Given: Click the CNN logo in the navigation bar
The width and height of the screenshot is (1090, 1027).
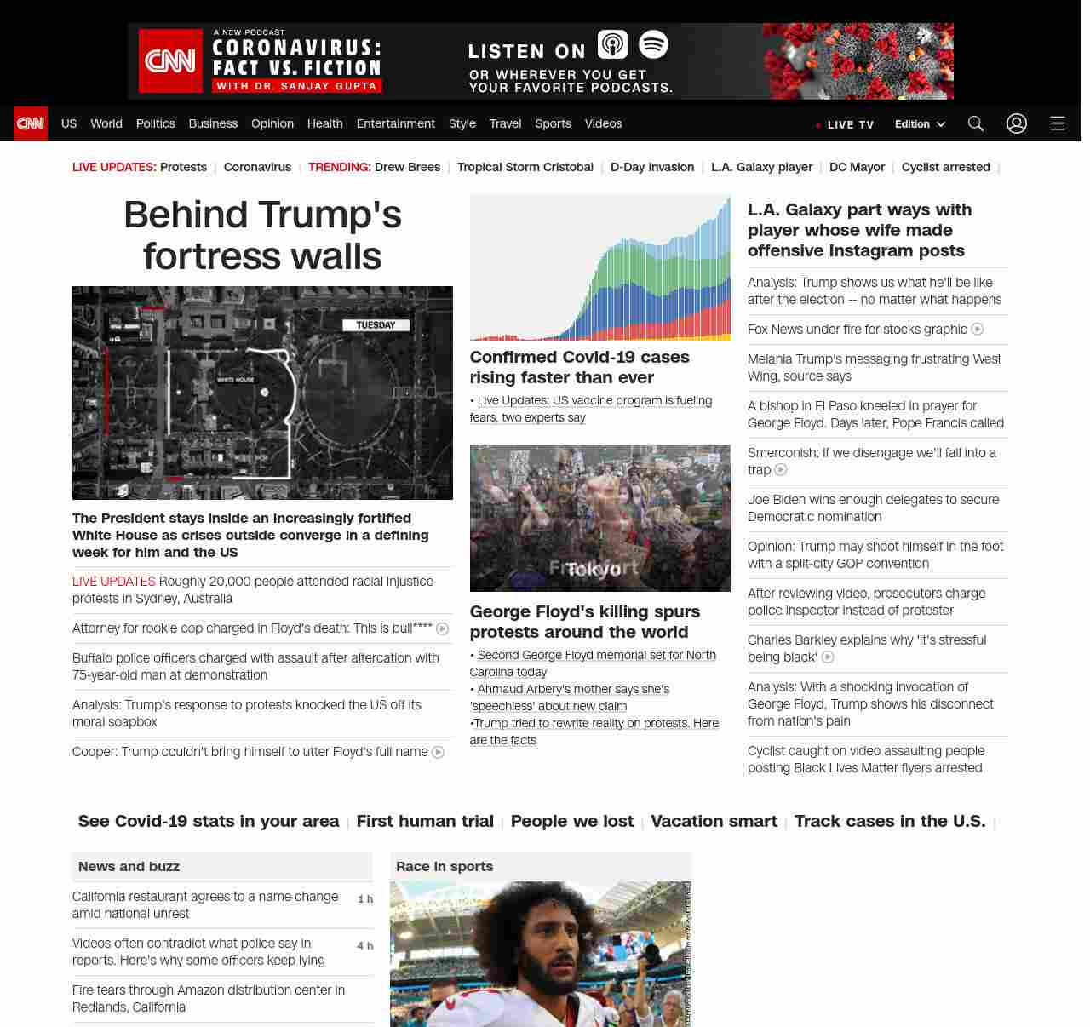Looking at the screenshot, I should [x=31, y=123].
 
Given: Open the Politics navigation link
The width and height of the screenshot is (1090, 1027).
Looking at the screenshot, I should [x=155, y=123].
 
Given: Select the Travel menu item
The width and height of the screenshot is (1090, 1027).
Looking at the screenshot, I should [x=505, y=123].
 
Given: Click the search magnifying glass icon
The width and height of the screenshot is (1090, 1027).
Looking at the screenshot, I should [x=976, y=123].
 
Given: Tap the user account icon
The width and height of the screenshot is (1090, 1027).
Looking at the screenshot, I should [x=1017, y=123].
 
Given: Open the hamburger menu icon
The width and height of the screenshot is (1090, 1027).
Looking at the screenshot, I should [x=1058, y=123].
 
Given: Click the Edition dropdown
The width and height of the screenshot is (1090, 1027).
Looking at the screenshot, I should [x=920, y=123].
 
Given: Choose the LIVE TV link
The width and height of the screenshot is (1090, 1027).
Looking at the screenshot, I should [x=846, y=124].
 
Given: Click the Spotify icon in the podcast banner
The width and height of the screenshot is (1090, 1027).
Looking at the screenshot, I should [x=653, y=44].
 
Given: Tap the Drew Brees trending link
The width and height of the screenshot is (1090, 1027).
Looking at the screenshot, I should [x=407, y=167].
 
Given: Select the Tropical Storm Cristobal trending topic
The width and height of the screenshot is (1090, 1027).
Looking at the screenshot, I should [x=525, y=167].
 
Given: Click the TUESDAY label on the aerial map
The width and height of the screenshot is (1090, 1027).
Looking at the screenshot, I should [x=376, y=324].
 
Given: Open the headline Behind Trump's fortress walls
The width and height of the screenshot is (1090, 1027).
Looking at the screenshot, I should [x=262, y=235].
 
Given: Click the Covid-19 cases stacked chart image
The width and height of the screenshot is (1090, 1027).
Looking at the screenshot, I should [x=599, y=267].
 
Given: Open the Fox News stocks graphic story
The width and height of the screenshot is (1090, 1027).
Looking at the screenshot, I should [x=857, y=330].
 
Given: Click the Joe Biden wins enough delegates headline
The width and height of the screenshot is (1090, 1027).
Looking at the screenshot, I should [x=873, y=508].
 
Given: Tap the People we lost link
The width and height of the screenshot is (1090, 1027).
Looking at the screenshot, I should [x=572, y=821].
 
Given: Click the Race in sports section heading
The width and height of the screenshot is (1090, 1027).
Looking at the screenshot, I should [x=445, y=866].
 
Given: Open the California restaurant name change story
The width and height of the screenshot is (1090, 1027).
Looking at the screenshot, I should [x=205, y=905].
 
